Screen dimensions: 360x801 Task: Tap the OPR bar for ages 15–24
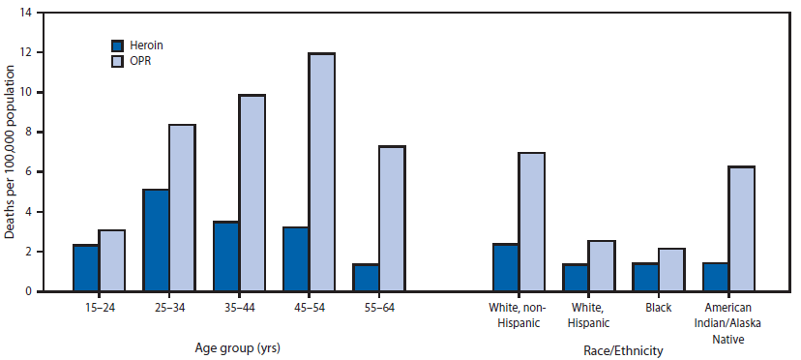(112, 260)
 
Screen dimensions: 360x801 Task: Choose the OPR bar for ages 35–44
(252, 193)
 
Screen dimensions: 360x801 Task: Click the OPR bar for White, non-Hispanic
(531, 222)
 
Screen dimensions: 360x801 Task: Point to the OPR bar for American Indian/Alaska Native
(741, 228)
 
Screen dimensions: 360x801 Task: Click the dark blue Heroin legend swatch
(118, 45)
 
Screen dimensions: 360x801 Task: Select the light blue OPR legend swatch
(118, 61)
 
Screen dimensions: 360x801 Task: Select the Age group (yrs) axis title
(238, 347)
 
